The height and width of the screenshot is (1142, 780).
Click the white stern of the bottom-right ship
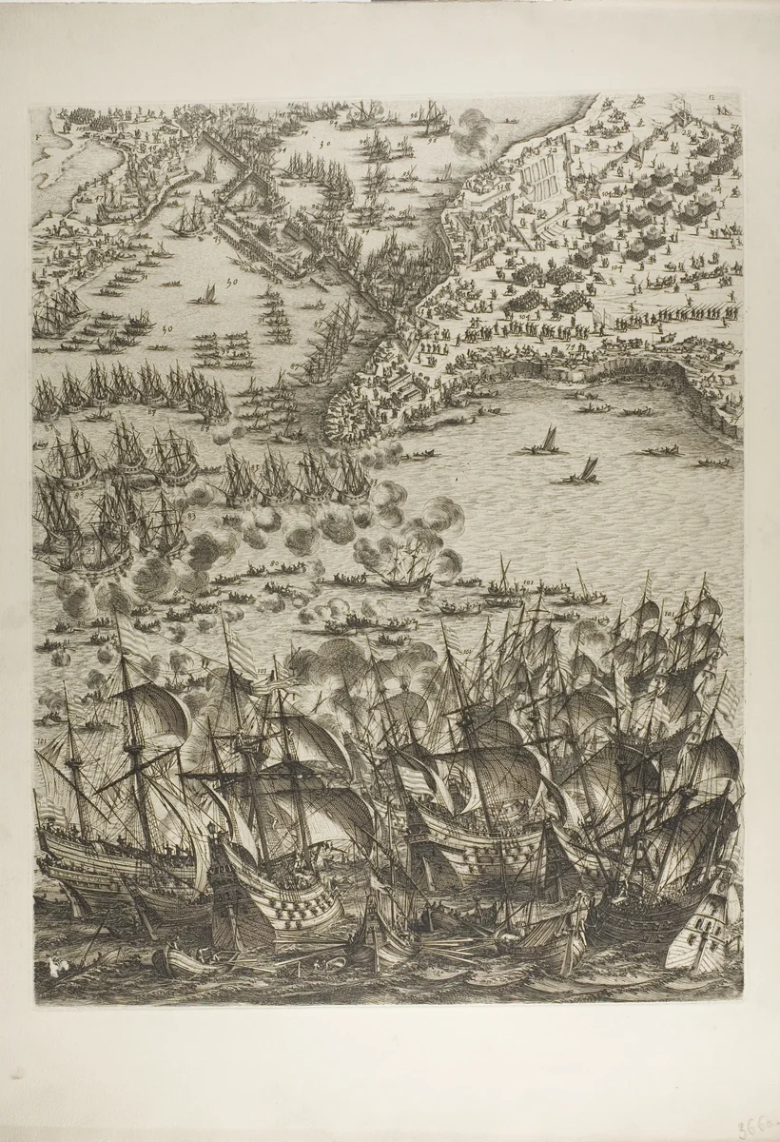point(704,928)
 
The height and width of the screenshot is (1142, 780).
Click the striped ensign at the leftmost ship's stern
point(48,809)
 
